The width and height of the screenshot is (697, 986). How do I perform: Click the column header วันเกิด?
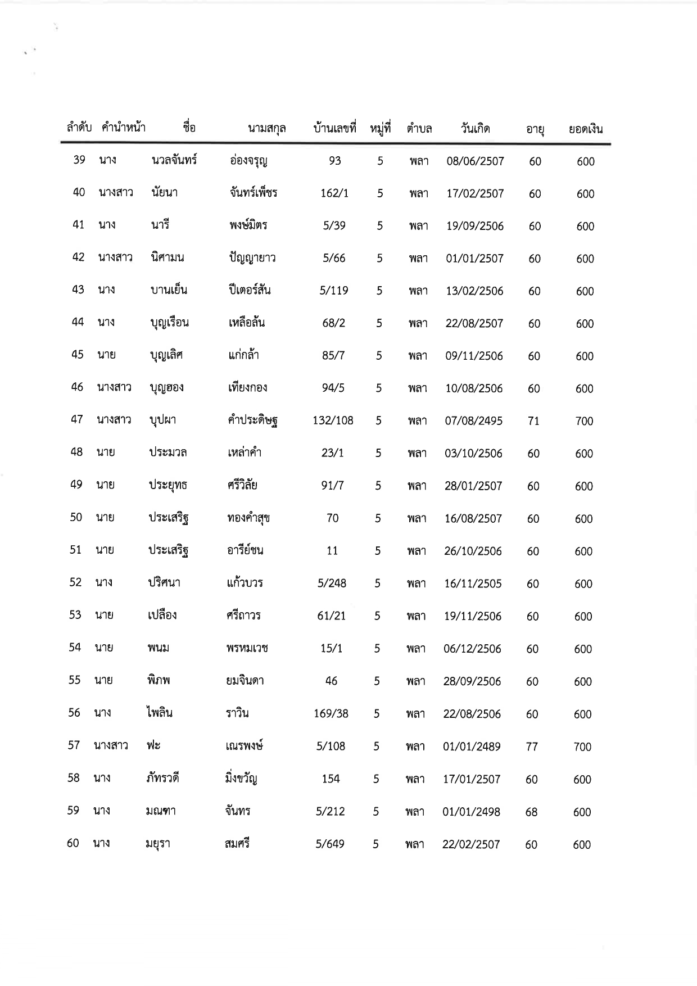click(x=475, y=129)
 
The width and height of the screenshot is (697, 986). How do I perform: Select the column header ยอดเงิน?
click(x=585, y=129)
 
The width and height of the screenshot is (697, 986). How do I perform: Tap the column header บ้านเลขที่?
click(x=335, y=129)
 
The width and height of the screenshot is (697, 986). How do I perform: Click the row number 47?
click(x=77, y=419)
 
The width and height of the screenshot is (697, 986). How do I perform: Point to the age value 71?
click(x=533, y=420)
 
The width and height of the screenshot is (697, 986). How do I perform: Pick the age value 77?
click(x=532, y=747)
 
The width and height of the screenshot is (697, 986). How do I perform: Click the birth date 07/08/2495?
click(x=473, y=420)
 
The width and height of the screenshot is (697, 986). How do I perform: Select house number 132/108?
click(x=333, y=420)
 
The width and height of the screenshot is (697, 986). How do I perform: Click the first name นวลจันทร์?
click(x=174, y=160)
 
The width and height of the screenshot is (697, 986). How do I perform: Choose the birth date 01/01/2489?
click(x=472, y=747)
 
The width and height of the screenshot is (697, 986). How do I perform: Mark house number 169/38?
click(x=331, y=714)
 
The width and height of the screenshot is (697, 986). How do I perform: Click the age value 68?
click(x=531, y=812)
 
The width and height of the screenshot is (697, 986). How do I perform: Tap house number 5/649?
click(x=330, y=844)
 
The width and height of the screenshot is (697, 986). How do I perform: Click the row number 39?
click(x=79, y=160)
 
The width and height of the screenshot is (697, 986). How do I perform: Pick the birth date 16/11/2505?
click(x=473, y=584)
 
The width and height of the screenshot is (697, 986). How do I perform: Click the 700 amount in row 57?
click(x=582, y=747)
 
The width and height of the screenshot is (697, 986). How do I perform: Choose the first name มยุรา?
click(x=157, y=844)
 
